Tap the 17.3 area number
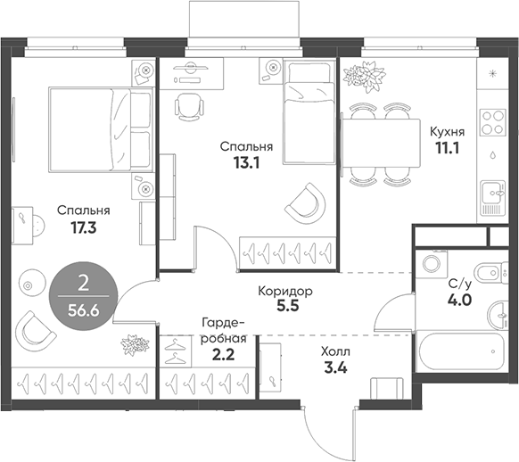[x=83, y=227]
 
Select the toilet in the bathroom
[x=483, y=271]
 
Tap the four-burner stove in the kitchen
[x=491, y=118]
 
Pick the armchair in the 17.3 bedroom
[x=36, y=329]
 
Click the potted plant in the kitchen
[x=365, y=75]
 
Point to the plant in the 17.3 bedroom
[x=134, y=344]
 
